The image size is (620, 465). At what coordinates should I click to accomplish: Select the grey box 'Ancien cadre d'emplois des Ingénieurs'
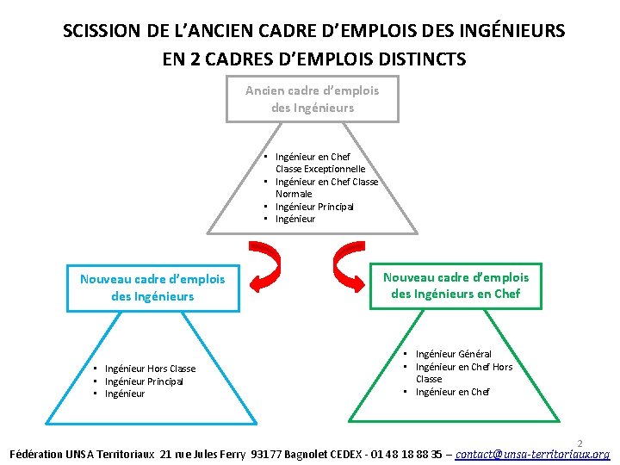coord(313,99)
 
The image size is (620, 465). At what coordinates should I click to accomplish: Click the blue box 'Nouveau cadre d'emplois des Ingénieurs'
coord(152,288)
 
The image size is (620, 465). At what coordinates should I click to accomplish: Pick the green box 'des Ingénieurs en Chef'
coord(456,286)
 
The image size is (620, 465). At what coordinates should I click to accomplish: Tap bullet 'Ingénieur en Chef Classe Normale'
coord(325,188)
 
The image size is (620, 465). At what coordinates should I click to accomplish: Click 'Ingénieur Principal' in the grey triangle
coord(314,207)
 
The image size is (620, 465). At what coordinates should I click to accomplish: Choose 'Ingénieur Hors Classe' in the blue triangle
coord(150,369)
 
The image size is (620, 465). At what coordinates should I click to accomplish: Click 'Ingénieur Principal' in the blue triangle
coord(144,381)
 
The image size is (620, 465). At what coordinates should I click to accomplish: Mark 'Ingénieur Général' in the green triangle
coord(453,354)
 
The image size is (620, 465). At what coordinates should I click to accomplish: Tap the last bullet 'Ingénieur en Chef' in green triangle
coord(452,392)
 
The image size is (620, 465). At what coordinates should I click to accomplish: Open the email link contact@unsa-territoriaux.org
coord(532,454)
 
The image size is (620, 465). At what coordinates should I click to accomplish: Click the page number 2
coord(580,442)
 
